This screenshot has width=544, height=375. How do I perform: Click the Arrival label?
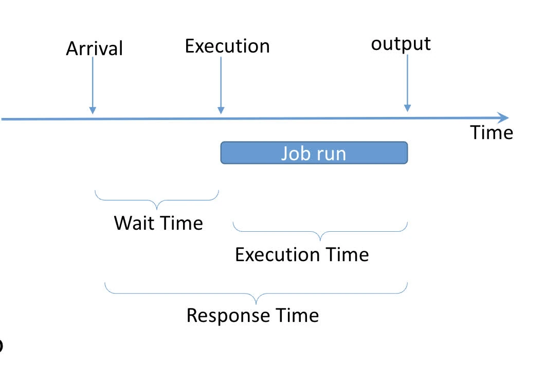click(95, 48)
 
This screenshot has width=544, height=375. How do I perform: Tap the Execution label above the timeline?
click(227, 46)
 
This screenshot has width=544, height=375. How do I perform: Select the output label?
click(401, 44)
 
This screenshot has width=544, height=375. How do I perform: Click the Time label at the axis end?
click(492, 132)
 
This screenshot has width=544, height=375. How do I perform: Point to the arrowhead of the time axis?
click(504, 117)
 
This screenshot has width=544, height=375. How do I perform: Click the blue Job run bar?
click(314, 152)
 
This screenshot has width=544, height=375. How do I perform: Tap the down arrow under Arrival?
click(93, 86)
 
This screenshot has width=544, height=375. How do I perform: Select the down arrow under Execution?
click(221, 86)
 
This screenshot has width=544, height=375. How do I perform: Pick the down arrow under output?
click(408, 83)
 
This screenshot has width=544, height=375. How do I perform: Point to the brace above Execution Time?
click(320, 232)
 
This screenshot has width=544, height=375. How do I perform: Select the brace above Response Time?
click(256, 294)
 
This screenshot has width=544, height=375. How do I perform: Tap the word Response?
click(228, 316)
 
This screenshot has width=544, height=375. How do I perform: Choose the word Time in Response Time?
click(297, 315)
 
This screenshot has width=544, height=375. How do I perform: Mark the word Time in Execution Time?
click(347, 254)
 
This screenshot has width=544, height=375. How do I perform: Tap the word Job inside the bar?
click(294, 154)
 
